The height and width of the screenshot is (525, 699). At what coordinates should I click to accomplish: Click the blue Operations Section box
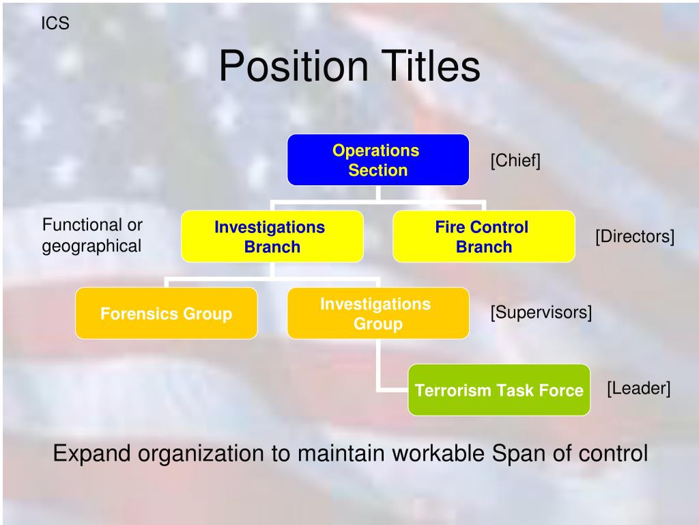[x=377, y=160]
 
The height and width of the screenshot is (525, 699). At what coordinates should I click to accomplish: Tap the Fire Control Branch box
[x=483, y=237]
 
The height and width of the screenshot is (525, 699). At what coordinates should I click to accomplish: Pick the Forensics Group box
[x=166, y=314]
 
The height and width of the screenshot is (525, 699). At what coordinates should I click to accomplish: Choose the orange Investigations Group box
[x=377, y=314]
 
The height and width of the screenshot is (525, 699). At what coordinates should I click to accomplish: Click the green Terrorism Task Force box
[x=499, y=390]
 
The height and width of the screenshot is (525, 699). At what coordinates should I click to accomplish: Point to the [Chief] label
[x=515, y=161]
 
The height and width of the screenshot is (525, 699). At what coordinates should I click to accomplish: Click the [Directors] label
[x=634, y=237]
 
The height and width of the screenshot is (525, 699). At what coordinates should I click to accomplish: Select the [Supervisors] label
[x=541, y=312]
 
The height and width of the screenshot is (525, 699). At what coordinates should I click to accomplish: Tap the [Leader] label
[x=638, y=388]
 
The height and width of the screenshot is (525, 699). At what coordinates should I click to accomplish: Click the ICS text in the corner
[x=55, y=24]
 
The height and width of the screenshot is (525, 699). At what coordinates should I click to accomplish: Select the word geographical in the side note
[x=92, y=246]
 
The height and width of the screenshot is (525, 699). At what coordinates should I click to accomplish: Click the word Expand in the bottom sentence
[x=89, y=453]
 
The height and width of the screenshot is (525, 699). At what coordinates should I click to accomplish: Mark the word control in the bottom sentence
[x=612, y=453]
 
